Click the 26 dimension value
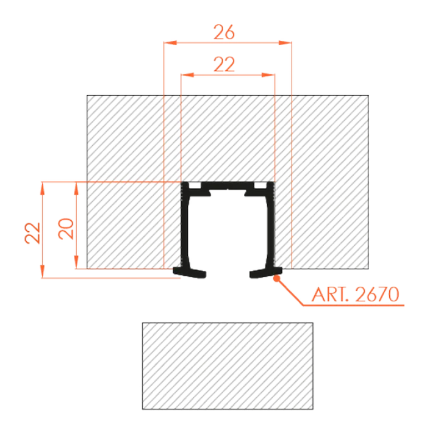click(x=226, y=34)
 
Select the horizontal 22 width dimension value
click(x=226, y=64)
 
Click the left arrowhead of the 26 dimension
click(x=171, y=43)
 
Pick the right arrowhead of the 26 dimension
click(x=283, y=43)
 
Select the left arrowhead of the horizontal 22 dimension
click(x=187, y=74)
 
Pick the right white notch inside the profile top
click(x=260, y=185)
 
